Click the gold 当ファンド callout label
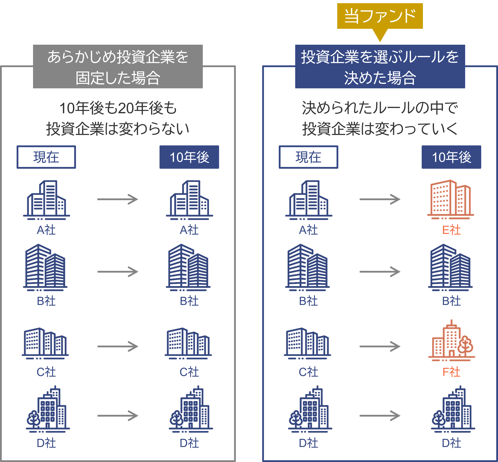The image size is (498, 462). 380,16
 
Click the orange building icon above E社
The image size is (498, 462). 450,199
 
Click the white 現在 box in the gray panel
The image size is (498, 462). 46,157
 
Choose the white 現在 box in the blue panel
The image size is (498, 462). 308,157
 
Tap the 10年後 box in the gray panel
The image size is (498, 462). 189,157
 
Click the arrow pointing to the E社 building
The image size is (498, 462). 380,199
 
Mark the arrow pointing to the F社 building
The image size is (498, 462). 380,346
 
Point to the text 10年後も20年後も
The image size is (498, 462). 118,108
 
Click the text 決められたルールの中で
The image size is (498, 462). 380,108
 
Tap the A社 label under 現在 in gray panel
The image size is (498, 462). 46,230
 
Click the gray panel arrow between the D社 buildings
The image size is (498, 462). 118,416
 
